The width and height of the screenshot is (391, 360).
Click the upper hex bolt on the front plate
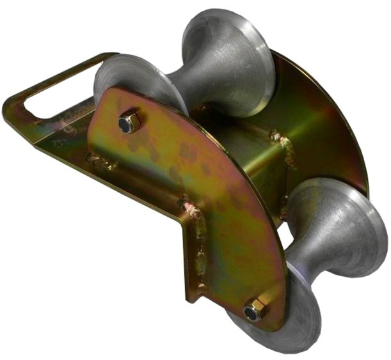tap(129, 121)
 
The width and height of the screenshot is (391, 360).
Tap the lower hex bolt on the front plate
tap(254, 309)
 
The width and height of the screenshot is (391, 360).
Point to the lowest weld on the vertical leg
tap(201, 288)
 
